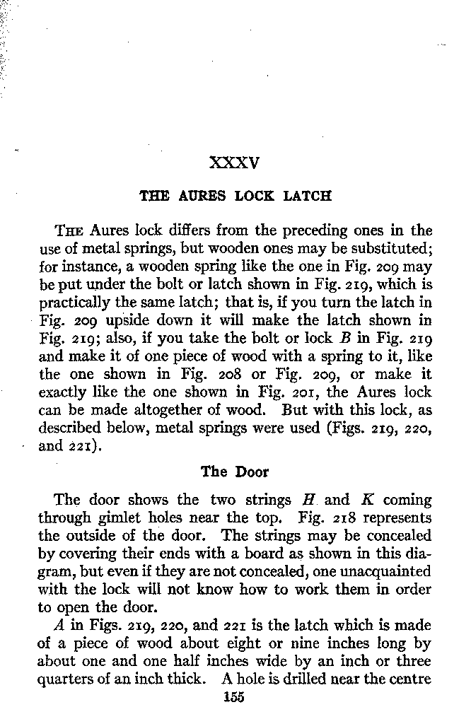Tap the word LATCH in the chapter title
coord(307,196)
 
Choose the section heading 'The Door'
coord(235,472)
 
